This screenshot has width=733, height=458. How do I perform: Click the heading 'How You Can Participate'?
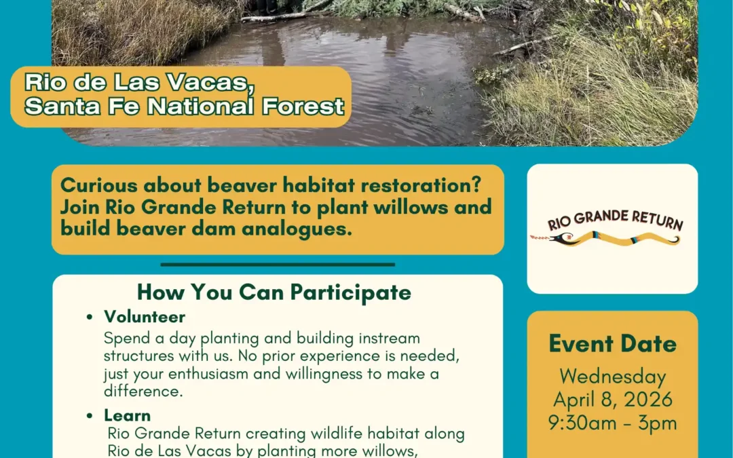click(274, 292)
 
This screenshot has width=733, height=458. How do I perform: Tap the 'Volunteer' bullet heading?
click(145, 317)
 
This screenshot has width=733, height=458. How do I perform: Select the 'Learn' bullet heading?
click(128, 415)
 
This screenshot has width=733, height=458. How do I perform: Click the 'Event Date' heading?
click(612, 344)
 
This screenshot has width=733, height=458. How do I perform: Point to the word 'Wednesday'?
click(612, 377)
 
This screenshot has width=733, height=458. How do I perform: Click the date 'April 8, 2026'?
click(612, 400)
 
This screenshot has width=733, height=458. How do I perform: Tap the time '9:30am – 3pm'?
click(612, 423)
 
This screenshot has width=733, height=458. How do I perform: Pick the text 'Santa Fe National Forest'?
click(185, 107)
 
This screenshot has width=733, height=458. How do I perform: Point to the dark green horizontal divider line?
click(278, 265)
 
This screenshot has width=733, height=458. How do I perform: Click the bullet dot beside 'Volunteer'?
click(90, 318)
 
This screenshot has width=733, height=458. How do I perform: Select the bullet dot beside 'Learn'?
click(90, 415)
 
